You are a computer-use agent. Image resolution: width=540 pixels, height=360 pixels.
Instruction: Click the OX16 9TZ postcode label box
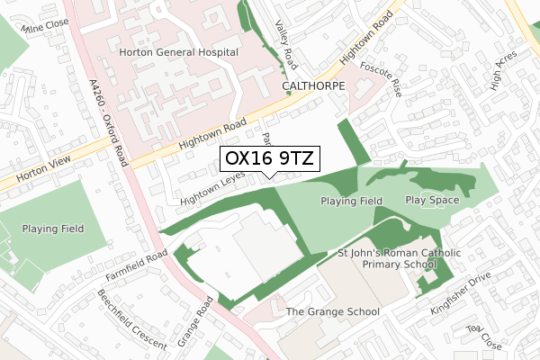coord(268,159)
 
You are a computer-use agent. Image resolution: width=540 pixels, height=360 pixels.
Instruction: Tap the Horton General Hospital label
coord(178,52)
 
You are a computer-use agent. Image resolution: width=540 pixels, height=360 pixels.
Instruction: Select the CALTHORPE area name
coord(314,87)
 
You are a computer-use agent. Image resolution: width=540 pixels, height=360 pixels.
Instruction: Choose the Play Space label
coord(432,200)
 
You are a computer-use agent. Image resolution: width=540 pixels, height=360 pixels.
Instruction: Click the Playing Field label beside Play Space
coord(351,201)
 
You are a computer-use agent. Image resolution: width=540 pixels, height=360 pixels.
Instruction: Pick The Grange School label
coord(332,311)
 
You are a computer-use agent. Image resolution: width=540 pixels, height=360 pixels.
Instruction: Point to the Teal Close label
coord(484,337)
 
